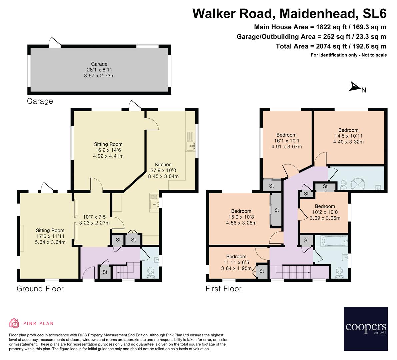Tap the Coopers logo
(x=366, y=328)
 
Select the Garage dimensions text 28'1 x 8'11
(x=99, y=70)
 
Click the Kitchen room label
(x=163, y=165)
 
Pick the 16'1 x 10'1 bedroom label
(x=286, y=141)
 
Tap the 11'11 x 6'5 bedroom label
(x=236, y=262)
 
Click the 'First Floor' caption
(x=223, y=289)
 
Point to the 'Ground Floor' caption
(x=40, y=289)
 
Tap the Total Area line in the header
(x=331, y=46)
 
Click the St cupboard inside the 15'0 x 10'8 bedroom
(x=276, y=210)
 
